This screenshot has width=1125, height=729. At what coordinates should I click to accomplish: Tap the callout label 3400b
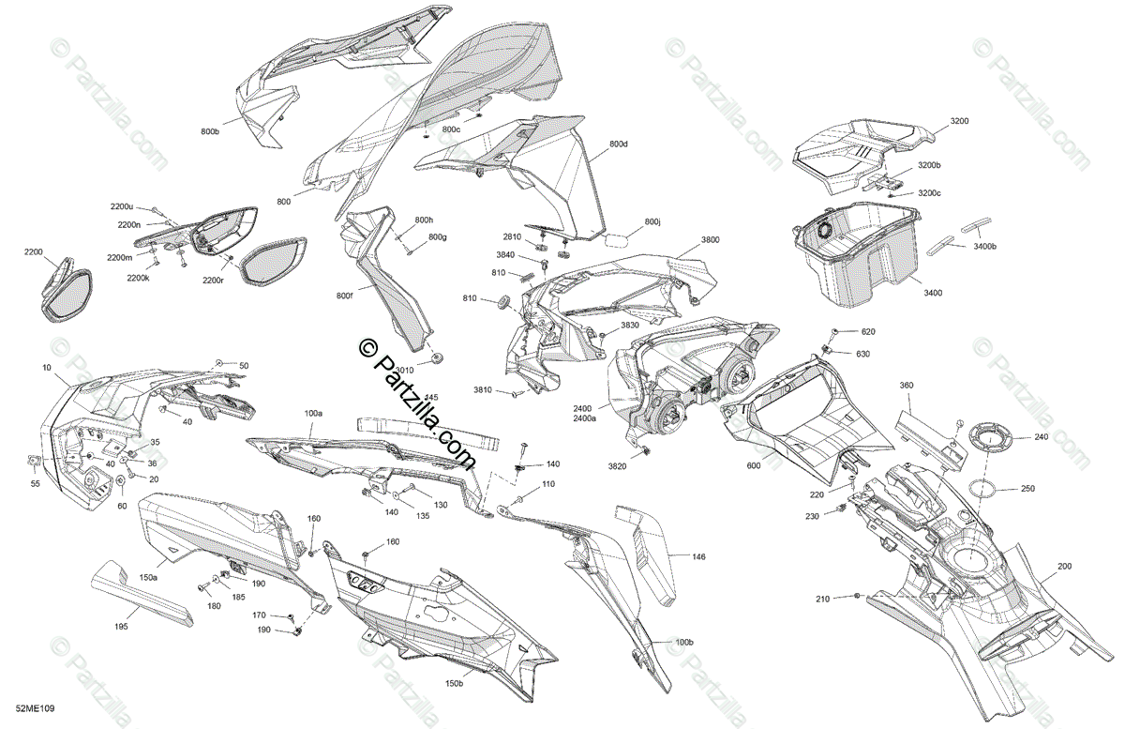click(984, 246)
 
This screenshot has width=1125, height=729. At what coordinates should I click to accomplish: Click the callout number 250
click(1028, 489)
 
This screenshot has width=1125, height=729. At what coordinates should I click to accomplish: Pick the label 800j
click(652, 222)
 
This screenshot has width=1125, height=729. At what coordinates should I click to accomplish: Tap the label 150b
click(454, 684)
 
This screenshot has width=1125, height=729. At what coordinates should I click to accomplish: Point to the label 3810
click(483, 390)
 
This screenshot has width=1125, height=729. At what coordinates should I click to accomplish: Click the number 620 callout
click(867, 332)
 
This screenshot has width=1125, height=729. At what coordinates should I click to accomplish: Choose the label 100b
click(684, 643)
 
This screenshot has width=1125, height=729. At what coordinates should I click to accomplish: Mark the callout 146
click(699, 557)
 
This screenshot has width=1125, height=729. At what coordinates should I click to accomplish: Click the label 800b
click(209, 131)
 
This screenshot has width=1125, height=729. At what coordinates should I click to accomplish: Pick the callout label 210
click(822, 599)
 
